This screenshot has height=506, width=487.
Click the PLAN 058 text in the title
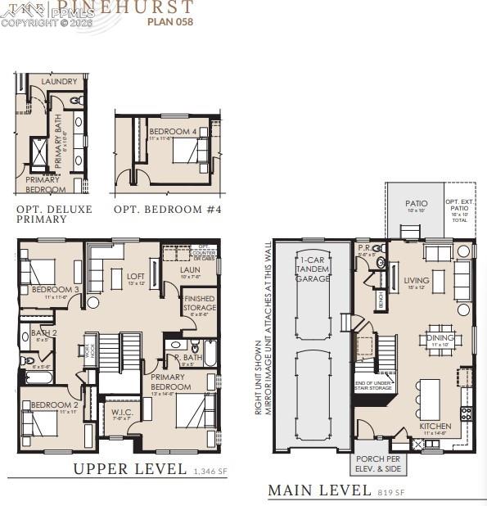170,22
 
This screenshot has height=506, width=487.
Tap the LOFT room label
135,276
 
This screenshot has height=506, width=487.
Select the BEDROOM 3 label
56,290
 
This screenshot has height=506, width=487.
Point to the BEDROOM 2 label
54,405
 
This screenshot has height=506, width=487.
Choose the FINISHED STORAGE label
200,304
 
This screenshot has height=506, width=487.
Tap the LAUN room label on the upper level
190,269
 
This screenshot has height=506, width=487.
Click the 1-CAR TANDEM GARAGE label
313,269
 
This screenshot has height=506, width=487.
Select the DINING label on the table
440,337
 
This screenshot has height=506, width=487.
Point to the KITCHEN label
435,427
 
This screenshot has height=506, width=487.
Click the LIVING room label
416,281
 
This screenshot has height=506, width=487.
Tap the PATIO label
416,204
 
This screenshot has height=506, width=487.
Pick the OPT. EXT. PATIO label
460,206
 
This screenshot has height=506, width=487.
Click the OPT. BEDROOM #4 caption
167,210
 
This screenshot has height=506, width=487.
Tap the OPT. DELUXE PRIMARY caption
54,215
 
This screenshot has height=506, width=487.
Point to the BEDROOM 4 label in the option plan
173,132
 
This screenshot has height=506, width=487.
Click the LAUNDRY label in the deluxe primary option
60,82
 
